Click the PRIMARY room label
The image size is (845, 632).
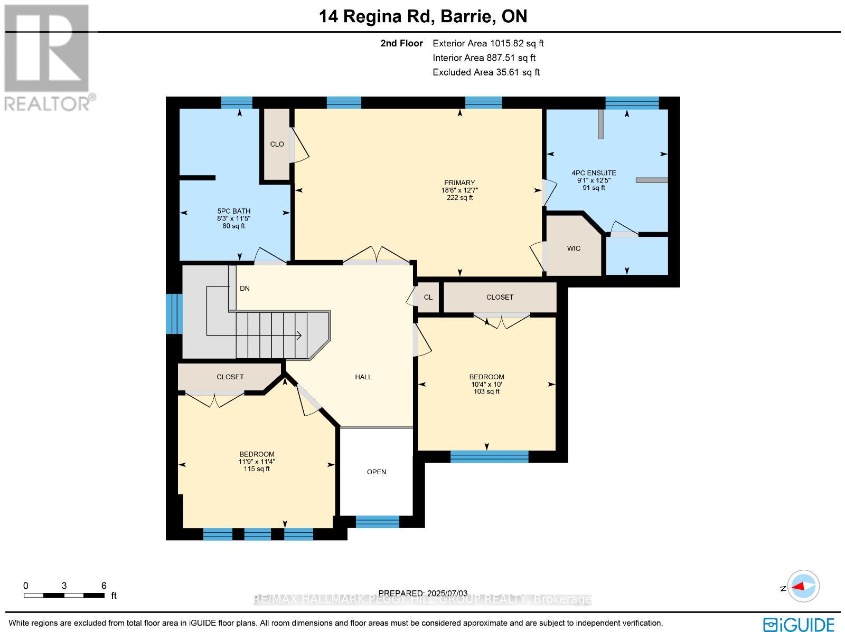pyautogui.click(x=459, y=183)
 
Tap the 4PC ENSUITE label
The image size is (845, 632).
pyautogui.click(x=594, y=173)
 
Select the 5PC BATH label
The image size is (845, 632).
pyautogui.click(x=233, y=211)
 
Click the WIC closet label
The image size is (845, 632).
pyautogui.click(x=574, y=248)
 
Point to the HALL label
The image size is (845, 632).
pyautogui.click(x=363, y=377)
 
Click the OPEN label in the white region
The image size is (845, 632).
pyautogui.click(x=377, y=472)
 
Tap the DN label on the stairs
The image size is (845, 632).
pyautogui.click(x=245, y=289)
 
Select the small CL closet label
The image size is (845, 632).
pyautogui.click(x=428, y=297)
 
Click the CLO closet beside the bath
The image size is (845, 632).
pyautogui.click(x=277, y=144)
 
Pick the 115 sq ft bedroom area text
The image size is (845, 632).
pyautogui.click(x=257, y=468)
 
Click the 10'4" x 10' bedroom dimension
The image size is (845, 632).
pyautogui.click(x=486, y=384)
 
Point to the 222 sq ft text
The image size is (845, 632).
pyautogui.click(x=459, y=198)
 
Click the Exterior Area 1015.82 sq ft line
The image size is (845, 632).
pyautogui.click(x=487, y=43)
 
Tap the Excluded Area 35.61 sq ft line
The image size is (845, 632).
pyautogui.click(x=486, y=72)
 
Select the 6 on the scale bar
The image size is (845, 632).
pyautogui.click(x=104, y=586)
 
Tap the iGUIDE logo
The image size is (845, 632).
pyautogui.click(x=799, y=624)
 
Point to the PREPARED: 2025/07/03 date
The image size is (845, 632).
pyautogui.click(x=423, y=593)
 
